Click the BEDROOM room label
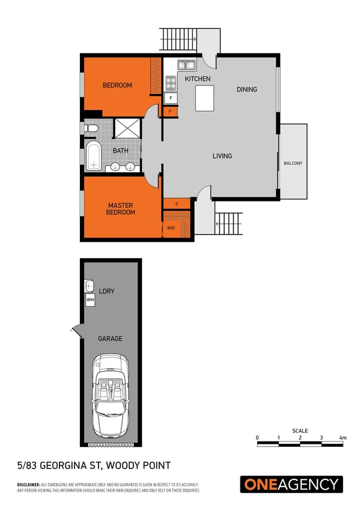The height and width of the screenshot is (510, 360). tap(117, 85)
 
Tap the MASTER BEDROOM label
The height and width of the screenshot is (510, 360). tap(120, 208)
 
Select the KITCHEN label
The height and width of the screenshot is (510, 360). tap(197, 79)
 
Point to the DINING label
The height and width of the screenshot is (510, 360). tap(246, 90)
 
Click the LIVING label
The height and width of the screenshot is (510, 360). tap(222, 156)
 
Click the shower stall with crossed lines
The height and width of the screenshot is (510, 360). tap(127, 129)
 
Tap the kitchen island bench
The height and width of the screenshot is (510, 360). tap(205, 97)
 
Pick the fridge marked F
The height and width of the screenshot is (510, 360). tap(171, 98)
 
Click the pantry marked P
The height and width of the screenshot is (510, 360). tap(170, 111)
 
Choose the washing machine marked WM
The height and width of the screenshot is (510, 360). tap(91, 299)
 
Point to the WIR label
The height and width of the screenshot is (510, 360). tap(171, 229)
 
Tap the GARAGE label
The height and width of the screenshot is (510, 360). tap(110, 339)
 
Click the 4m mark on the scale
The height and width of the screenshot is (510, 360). tap(343, 437)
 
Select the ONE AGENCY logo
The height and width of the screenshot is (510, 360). tap(291, 484)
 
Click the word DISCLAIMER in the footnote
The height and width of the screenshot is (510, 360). tap(28, 484)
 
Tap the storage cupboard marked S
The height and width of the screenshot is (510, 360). tap(177, 204)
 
